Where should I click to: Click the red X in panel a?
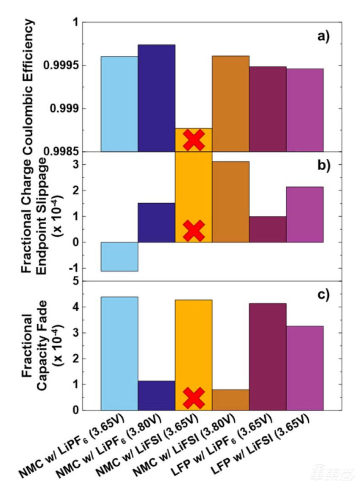tap(194, 140)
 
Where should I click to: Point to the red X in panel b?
tap(194, 230)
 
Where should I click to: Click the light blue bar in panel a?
tap(119, 104)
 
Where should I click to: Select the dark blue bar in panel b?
tap(156, 223)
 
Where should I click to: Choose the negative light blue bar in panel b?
tap(119, 257)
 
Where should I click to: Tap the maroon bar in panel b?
tap(268, 229)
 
